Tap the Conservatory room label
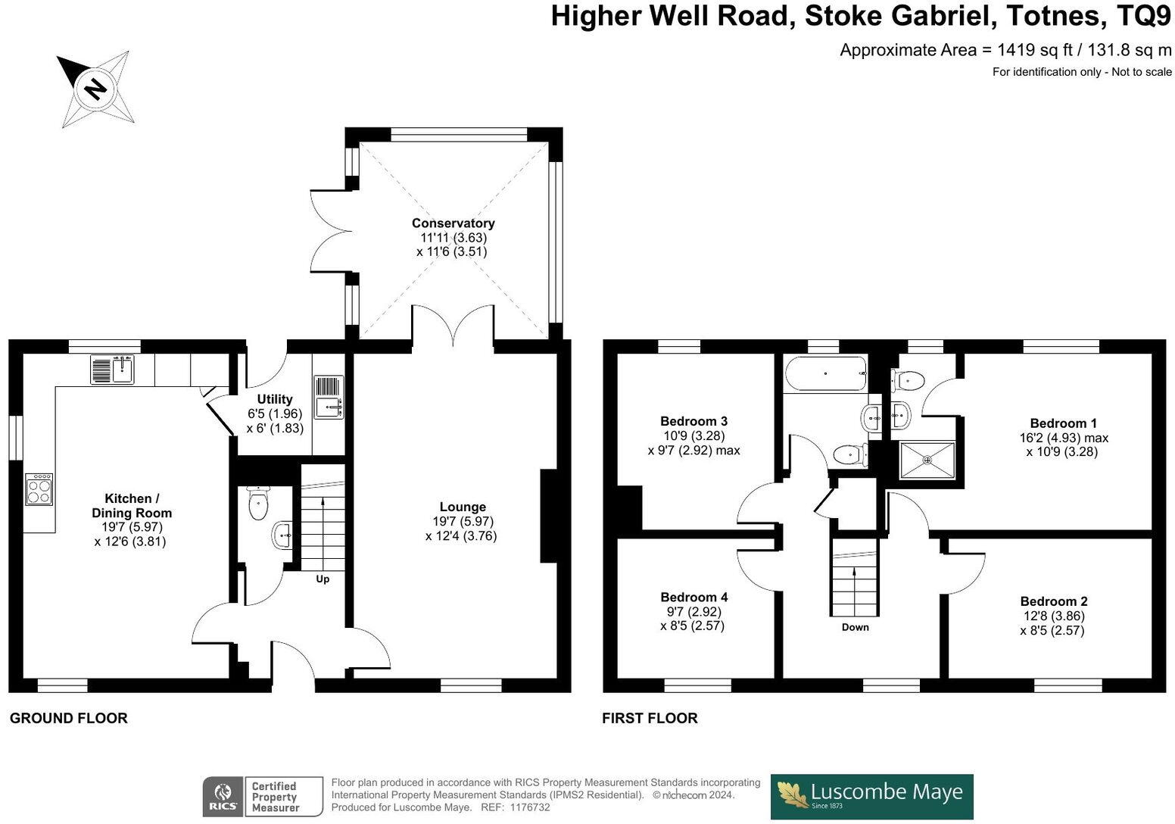[x=453, y=223]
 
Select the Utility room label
[x=275, y=399]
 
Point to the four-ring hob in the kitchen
[x=39, y=488]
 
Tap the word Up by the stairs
[x=323, y=579]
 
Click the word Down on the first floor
[x=856, y=627]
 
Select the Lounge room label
[x=463, y=507]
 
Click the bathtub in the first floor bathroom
[x=825, y=373]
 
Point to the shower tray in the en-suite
[x=927, y=460]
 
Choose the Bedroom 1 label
[x=1063, y=423]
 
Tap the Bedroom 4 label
[x=693, y=597]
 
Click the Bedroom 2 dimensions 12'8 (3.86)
[x=1053, y=616]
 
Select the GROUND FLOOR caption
[x=69, y=718]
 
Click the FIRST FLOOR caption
[x=650, y=718]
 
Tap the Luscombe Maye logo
[x=871, y=795]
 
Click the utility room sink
[x=329, y=397]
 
